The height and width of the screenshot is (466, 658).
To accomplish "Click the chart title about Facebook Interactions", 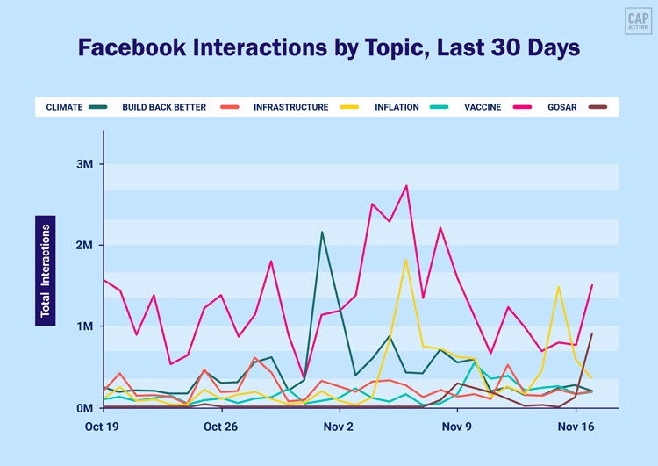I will click(x=329, y=47).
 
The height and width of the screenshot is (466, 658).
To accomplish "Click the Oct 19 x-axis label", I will click(x=102, y=427).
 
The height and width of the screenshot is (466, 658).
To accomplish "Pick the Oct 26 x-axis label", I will click(x=220, y=427).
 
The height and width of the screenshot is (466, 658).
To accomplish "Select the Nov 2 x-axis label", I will click(x=339, y=427).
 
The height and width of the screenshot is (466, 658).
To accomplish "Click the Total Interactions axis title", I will click(x=46, y=270).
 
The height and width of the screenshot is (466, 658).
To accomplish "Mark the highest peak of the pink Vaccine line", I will click(x=406, y=185).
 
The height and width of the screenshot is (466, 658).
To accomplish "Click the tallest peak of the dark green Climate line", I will click(x=322, y=232).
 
